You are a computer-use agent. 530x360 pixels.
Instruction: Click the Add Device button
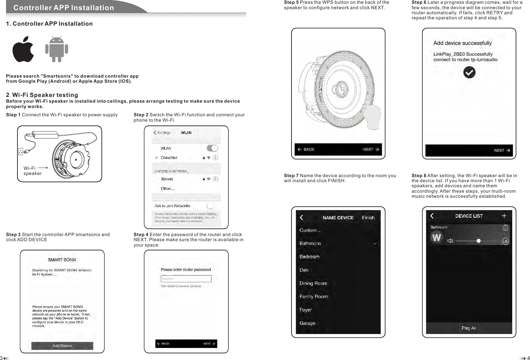tap(62, 346)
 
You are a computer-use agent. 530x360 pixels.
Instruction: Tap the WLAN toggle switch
tap(212, 148)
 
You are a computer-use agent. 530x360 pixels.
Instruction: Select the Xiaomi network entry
tap(167, 179)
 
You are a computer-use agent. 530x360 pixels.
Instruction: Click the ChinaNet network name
tap(169, 158)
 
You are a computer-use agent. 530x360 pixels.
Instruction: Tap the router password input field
tap(186, 279)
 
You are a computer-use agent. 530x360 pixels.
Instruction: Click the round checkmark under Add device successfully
tap(469, 72)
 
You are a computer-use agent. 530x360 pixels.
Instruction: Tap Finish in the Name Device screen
tap(368, 218)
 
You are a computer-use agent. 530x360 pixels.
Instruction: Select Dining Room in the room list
tap(313, 283)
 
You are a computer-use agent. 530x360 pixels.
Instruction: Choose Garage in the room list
tap(307, 323)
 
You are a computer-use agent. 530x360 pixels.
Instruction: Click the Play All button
tap(469, 328)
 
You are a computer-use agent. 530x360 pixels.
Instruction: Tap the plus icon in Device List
tap(504, 216)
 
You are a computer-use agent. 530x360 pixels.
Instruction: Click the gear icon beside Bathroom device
tap(506, 228)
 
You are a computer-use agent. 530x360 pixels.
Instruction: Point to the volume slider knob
tap(479, 241)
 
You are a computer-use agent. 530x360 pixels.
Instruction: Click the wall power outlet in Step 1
tap(21, 151)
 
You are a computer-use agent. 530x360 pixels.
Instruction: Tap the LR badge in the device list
tap(505, 241)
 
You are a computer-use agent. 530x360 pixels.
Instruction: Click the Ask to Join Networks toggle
tap(210, 206)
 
